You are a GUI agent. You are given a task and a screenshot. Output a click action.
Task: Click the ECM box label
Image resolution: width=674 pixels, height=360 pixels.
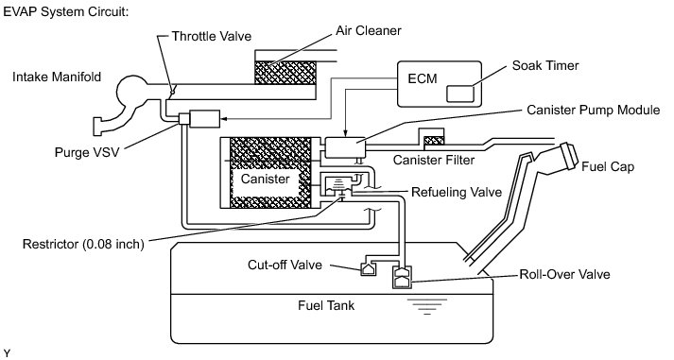point(423,78)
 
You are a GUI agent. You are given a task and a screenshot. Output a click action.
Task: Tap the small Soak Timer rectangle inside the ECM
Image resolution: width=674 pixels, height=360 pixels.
point(460,94)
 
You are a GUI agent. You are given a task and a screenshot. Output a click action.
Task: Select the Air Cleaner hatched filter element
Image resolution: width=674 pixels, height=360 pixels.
point(285,72)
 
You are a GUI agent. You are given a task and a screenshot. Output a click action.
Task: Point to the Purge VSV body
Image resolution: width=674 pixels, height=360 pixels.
point(204,119)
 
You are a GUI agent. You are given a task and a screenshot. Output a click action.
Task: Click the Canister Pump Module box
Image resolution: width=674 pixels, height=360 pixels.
point(345,147)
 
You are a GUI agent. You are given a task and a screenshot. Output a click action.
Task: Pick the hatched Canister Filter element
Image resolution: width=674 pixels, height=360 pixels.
point(434,141)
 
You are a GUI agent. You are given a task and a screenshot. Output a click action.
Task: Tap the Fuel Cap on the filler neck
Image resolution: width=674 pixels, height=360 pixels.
point(568,156)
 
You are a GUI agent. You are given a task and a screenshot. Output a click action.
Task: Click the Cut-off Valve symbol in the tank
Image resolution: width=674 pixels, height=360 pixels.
point(368,269)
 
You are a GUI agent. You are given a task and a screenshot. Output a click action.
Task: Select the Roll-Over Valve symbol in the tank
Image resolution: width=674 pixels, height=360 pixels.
point(403,278)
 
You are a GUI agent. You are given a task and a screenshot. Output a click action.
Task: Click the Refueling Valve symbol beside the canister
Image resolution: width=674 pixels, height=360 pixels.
point(340,185)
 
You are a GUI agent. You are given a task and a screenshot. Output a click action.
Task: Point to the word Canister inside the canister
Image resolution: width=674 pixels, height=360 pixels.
point(265,179)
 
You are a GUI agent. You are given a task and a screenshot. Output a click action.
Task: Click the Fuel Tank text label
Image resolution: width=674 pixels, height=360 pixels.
point(326,306)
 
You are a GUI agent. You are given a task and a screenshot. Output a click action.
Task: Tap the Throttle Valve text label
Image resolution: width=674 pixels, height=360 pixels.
point(212,36)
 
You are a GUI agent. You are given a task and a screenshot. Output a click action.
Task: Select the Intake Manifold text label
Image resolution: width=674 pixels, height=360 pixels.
point(57,77)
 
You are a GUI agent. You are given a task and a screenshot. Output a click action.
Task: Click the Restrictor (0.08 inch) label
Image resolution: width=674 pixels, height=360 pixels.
point(83,244)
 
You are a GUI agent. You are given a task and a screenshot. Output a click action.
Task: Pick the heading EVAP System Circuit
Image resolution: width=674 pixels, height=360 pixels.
point(66,11)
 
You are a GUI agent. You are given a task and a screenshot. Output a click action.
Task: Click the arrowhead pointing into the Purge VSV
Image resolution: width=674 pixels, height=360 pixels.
point(223,119)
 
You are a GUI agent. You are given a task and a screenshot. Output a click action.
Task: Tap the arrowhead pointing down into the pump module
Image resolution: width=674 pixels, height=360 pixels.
point(345,134)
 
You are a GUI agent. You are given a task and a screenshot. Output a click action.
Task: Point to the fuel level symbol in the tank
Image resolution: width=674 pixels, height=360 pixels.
point(427,307)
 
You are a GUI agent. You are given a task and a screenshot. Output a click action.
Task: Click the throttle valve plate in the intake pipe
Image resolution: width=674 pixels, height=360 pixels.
point(173,91)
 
